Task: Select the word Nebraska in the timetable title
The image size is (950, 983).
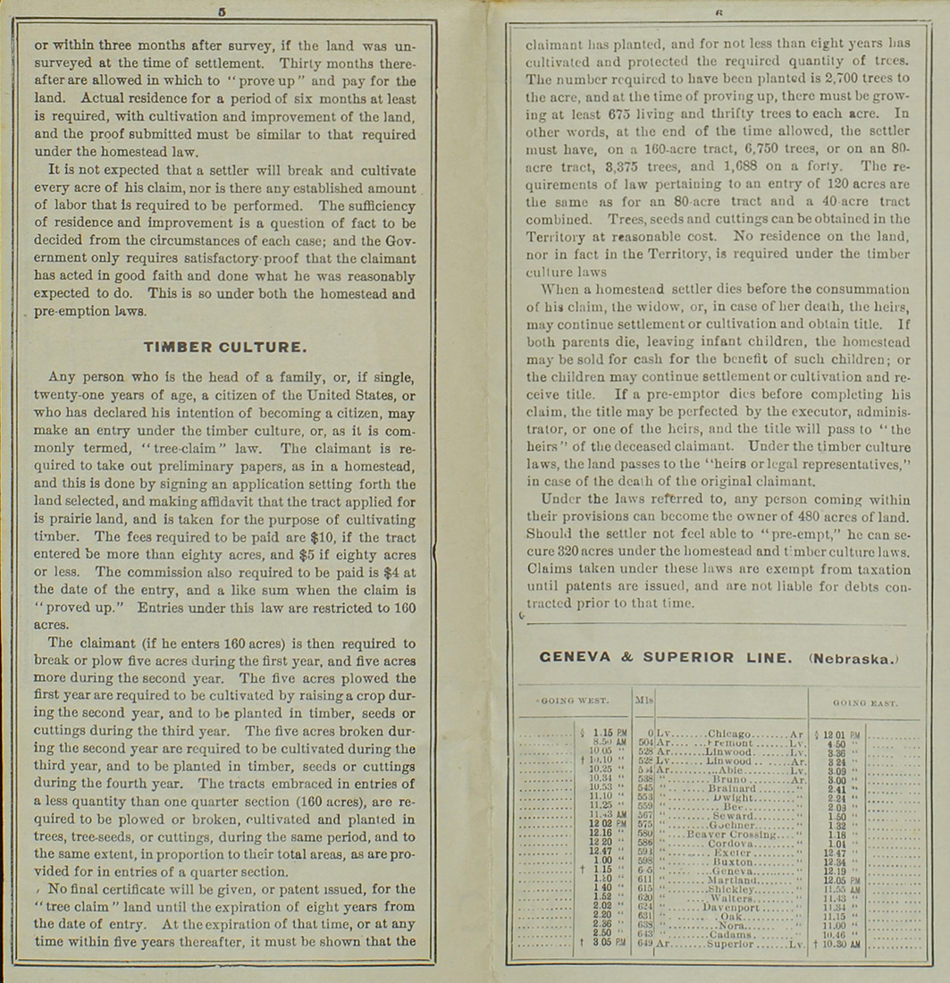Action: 850,659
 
